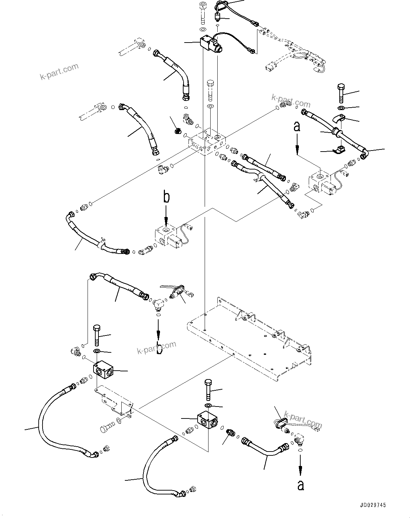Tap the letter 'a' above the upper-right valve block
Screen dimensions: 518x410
point(297,127)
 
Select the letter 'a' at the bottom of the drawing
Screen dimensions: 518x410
point(300,485)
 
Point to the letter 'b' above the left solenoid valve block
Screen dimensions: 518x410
point(166,197)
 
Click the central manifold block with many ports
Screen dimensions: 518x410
point(207,142)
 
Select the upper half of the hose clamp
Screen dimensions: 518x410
point(339,119)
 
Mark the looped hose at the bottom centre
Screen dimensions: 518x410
point(155,464)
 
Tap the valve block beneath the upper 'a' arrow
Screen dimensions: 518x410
point(320,183)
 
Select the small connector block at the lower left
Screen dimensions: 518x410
point(103,370)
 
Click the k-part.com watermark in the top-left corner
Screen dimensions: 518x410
point(59,71)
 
